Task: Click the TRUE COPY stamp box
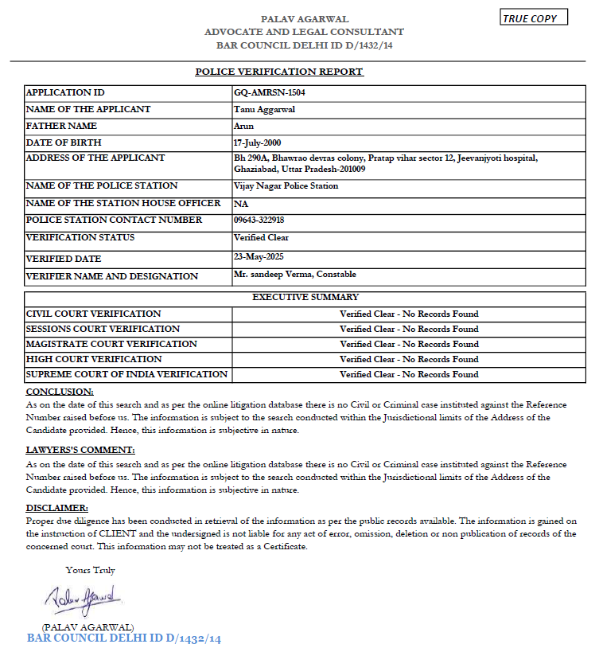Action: pos(534,18)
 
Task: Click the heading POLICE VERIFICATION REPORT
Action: pos(279,72)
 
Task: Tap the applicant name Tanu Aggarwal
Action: pos(264,109)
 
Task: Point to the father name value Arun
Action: pos(243,126)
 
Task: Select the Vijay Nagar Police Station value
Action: pos(286,185)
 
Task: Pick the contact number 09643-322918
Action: pos(259,220)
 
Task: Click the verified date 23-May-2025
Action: pos(259,256)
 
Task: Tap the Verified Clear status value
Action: pos(261,237)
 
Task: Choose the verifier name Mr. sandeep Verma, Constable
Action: pos(295,275)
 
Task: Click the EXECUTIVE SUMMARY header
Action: pos(305,297)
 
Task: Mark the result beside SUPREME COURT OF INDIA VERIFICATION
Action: pos(409,374)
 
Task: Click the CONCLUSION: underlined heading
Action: pos(60,392)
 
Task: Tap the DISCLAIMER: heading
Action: pos(57,508)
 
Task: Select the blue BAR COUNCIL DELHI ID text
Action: pos(124,638)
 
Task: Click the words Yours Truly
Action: pos(90,570)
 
